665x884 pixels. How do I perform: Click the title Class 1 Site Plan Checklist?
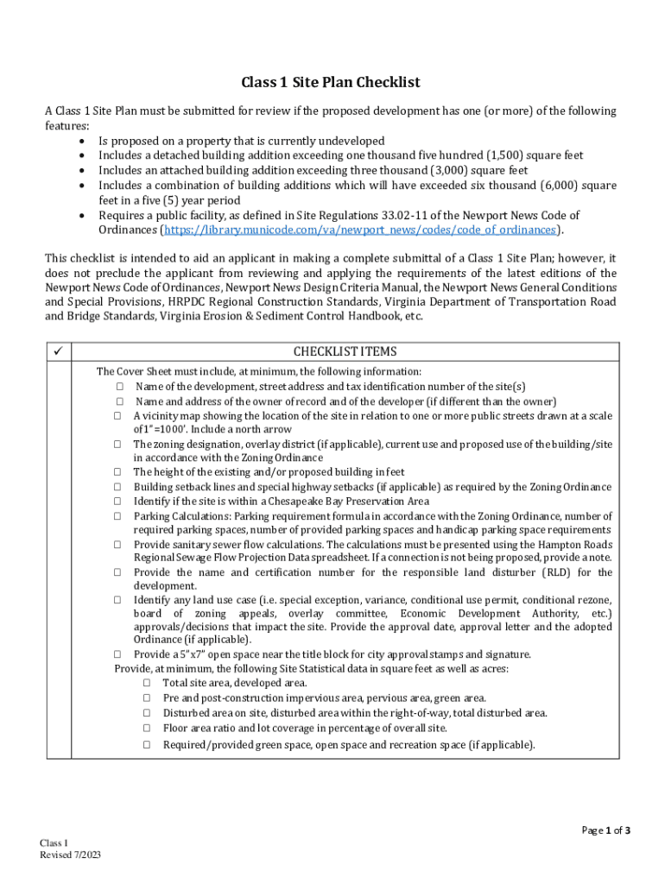point(331,83)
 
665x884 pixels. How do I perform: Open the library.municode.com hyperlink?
point(360,230)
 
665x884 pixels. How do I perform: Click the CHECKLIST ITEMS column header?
point(345,352)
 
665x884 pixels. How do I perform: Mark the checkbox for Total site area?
point(147,683)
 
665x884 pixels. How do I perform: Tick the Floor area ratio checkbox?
point(147,729)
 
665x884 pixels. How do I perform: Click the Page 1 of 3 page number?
point(606,830)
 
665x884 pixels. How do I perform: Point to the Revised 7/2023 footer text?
point(71,855)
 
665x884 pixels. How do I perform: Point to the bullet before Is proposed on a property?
point(82,142)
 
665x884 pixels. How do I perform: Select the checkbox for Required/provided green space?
point(147,744)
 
